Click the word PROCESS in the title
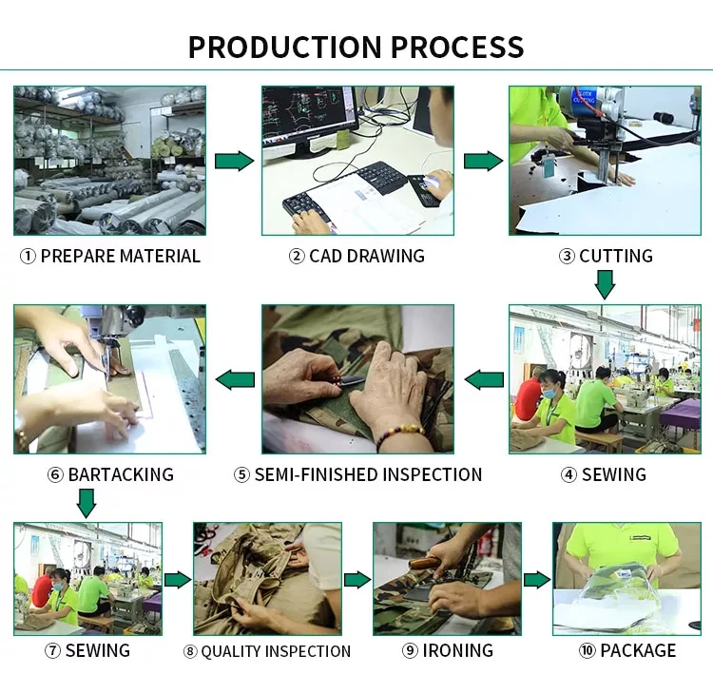[457, 47]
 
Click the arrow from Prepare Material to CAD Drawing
[234, 162]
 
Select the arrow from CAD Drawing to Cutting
[483, 162]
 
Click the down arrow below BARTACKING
[87, 502]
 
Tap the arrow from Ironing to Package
[537, 579]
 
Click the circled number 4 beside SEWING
[568, 474]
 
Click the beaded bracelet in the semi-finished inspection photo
[398, 435]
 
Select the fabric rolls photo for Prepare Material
[109, 161]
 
